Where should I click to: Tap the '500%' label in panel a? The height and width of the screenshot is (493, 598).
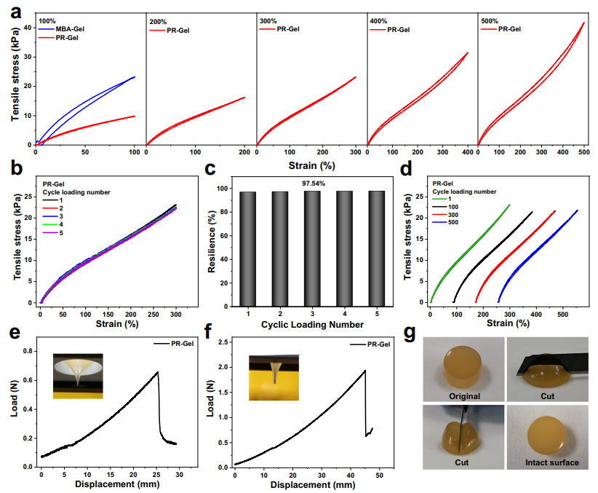490,22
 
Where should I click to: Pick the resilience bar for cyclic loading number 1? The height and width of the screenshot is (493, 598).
249,248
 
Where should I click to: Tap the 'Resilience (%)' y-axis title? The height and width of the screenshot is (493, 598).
210,241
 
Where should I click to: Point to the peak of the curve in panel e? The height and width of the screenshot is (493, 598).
157,372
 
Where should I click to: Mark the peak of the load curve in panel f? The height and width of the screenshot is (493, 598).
364,370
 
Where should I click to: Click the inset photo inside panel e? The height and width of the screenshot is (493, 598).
78,376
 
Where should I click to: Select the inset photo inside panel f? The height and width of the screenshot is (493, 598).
274,377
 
